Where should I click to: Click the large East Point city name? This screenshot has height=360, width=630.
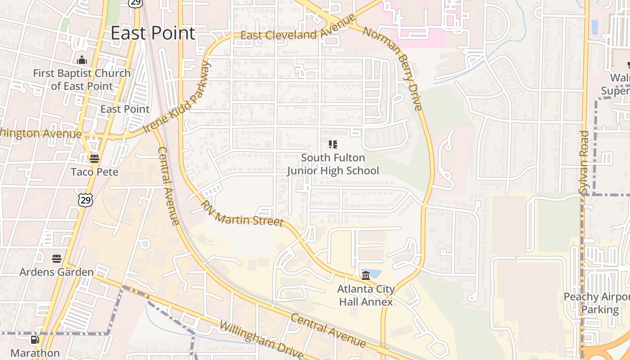[153, 33]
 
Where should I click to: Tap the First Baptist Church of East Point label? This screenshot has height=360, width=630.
[81, 79]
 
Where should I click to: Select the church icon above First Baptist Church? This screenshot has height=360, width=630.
[82, 60]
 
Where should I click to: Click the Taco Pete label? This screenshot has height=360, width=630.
[94, 172]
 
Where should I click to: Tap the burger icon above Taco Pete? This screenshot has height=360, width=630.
[94, 158]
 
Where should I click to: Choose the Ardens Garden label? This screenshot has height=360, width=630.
[56, 272]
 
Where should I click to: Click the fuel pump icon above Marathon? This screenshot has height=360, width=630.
[35, 340]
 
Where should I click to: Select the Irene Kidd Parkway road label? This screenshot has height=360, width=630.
[177, 98]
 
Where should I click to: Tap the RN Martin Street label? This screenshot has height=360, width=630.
[242, 214]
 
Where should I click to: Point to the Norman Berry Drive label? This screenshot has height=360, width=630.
[393, 68]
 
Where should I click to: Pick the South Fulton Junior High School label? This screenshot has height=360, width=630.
[333, 164]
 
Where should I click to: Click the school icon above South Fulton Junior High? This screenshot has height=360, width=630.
[333, 144]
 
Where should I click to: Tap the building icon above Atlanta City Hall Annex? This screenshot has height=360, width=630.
[366, 275]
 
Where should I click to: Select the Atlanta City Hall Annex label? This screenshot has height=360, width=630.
[366, 295]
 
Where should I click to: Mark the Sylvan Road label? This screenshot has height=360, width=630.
[584, 162]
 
